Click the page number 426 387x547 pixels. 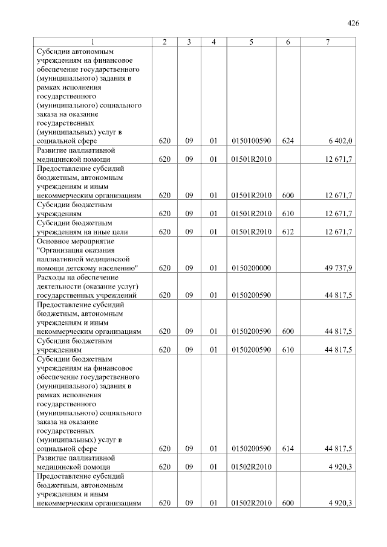tap(354, 24)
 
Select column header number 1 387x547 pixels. tap(93, 42)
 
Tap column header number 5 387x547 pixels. tap(250, 42)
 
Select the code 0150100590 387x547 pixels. tap(250, 141)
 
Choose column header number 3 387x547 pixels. tap(189, 42)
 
